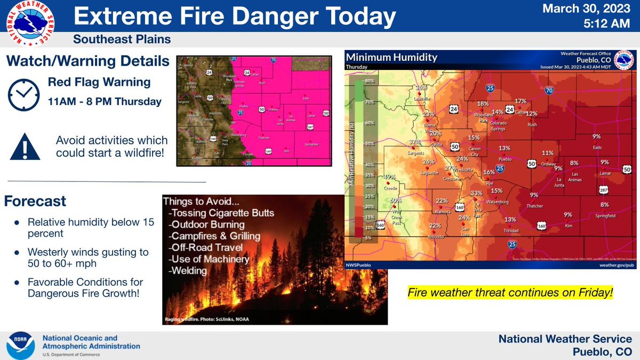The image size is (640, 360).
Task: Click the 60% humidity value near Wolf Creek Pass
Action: (395, 201)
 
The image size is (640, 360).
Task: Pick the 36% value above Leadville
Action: (422, 87)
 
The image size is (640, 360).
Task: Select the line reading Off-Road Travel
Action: (205, 247)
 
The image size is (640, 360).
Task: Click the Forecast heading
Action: (35, 202)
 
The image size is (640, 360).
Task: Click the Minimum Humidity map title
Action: (391, 58)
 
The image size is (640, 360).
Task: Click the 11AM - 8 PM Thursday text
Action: (105, 101)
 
